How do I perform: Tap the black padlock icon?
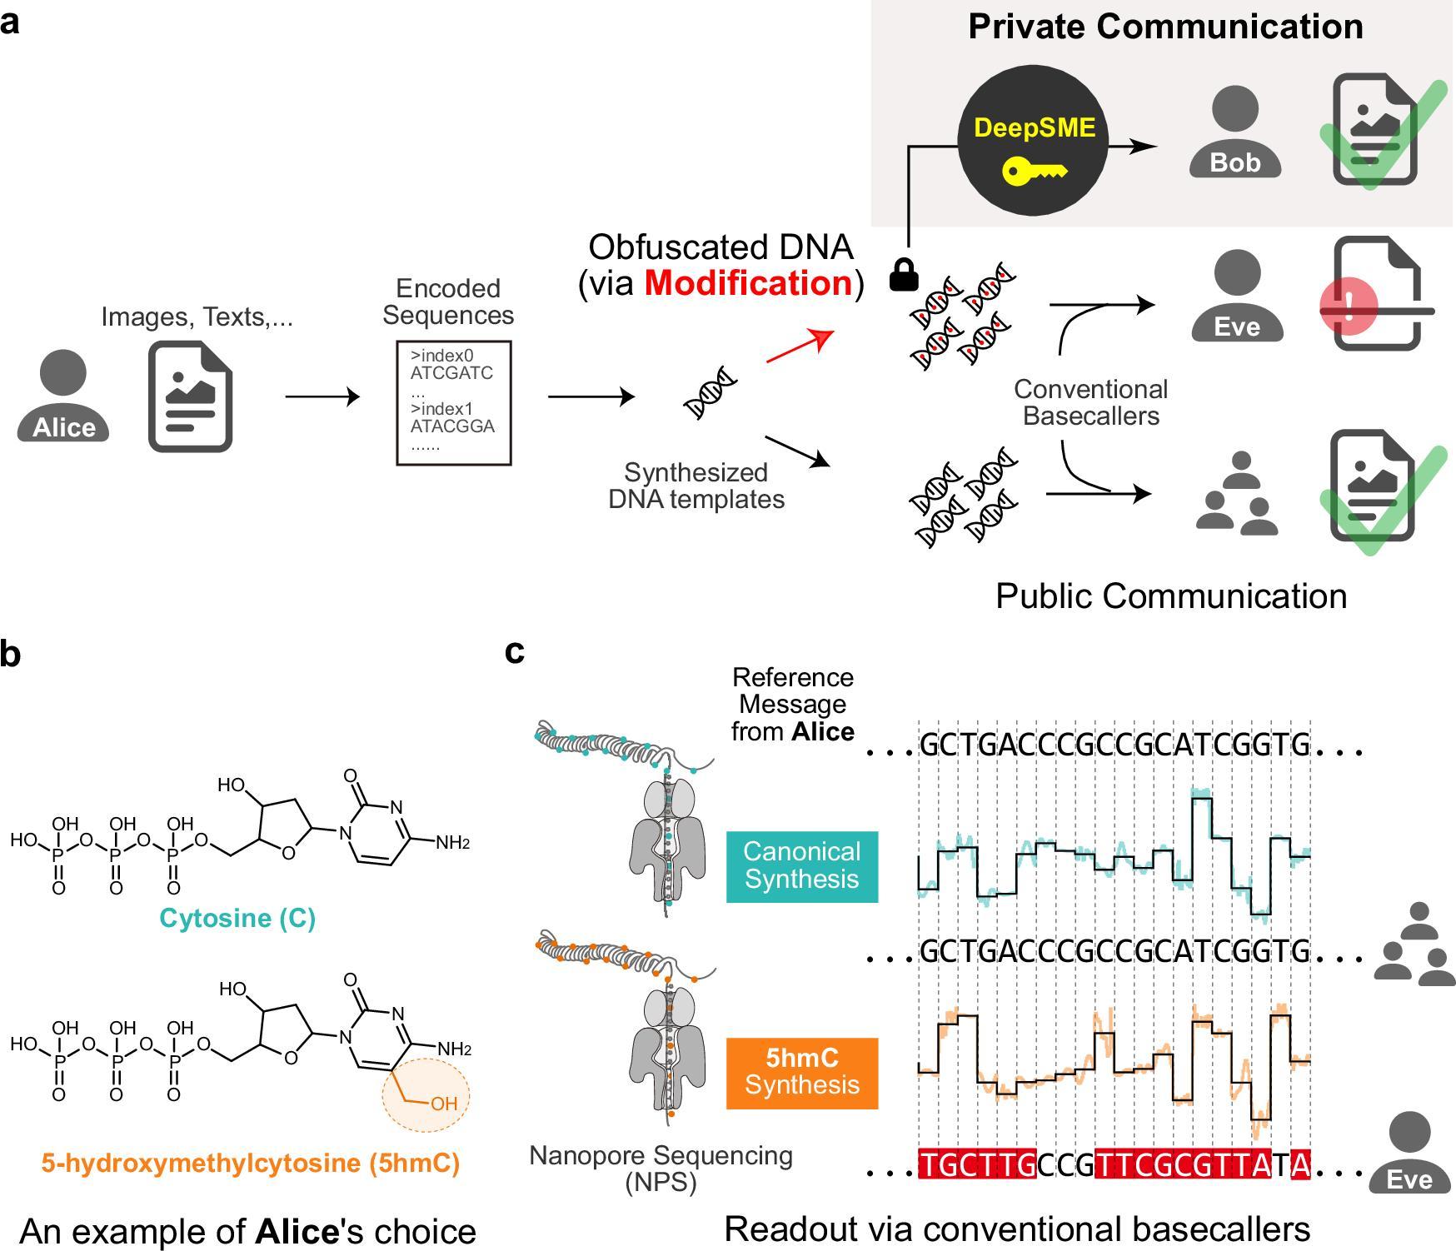[904, 275]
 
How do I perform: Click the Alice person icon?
[63, 396]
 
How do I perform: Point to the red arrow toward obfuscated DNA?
[800, 345]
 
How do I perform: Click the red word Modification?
[748, 283]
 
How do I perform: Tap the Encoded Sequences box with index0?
[453, 402]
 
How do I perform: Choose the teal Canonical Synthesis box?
[801, 865]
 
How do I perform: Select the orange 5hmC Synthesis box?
[801, 1072]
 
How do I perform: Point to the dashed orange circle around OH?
[426, 1094]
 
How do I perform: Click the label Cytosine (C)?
[237, 918]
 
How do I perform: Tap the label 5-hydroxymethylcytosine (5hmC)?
[250, 1162]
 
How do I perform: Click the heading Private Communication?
[1165, 27]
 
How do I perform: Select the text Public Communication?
[1171, 596]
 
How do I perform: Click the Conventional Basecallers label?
[1090, 402]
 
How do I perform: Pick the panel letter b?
[10, 655]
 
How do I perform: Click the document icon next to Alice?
[190, 396]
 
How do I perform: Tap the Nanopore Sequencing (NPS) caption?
[661, 1168]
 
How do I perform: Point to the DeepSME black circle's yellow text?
[1035, 127]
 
